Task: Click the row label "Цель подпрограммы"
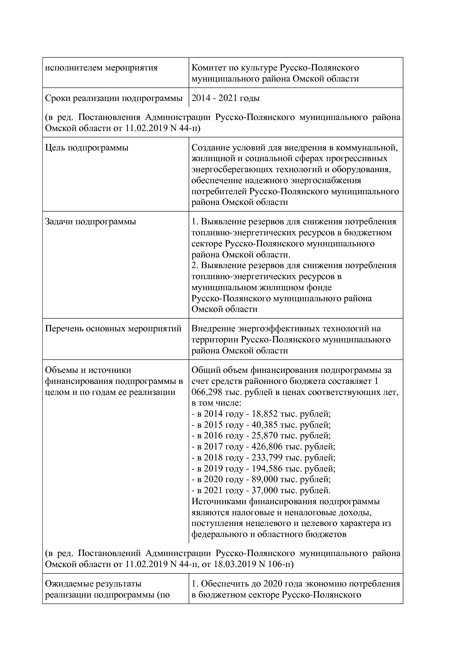point(87,148)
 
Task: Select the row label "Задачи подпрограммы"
point(90,222)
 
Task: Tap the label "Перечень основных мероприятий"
point(113,329)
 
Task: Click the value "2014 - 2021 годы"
point(225,98)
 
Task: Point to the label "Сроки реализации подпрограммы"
point(114,98)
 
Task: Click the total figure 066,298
point(206,392)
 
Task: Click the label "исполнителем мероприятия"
point(101,68)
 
